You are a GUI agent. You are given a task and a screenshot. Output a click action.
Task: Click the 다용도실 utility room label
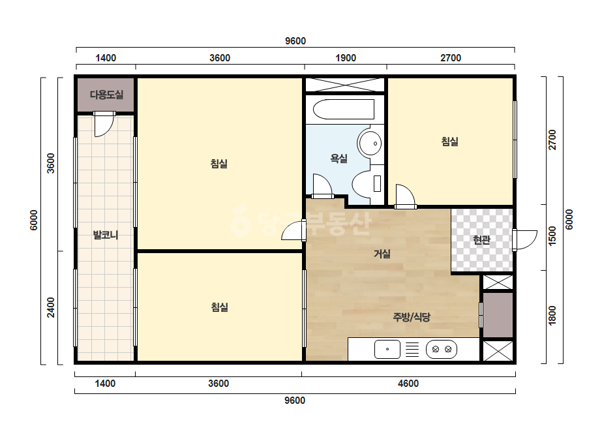point(106,95)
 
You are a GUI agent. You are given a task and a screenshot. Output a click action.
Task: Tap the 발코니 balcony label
point(106,235)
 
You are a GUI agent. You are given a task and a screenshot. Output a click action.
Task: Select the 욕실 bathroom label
point(339,159)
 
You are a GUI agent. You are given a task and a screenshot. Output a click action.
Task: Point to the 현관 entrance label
point(482,240)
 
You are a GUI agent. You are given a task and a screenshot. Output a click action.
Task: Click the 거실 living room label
point(382,254)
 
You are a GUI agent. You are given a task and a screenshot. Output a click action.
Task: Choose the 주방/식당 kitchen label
point(412,317)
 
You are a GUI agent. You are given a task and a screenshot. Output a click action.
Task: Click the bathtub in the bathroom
point(344,110)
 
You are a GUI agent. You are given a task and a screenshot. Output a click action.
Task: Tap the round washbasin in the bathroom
point(369,144)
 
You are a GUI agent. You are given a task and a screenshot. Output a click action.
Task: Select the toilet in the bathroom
point(367,183)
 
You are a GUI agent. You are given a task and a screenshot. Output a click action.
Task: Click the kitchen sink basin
point(387,349)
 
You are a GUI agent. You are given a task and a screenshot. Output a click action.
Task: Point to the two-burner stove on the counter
point(442,349)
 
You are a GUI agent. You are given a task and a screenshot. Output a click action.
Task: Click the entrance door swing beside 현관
point(526,240)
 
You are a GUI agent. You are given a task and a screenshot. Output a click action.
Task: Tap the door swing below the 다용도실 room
point(104,125)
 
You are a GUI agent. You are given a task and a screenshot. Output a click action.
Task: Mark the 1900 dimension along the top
point(346,58)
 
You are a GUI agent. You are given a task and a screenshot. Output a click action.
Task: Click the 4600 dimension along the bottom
point(408,384)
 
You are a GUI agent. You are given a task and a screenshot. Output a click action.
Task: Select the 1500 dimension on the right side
point(552,236)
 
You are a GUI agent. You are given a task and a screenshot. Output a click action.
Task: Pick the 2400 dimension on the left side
point(51,307)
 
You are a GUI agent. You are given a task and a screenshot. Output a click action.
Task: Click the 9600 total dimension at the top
point(295,41)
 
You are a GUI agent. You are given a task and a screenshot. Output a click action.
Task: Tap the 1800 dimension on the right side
point(552,315)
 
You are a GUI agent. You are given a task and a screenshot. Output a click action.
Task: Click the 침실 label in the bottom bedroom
point(220,307)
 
